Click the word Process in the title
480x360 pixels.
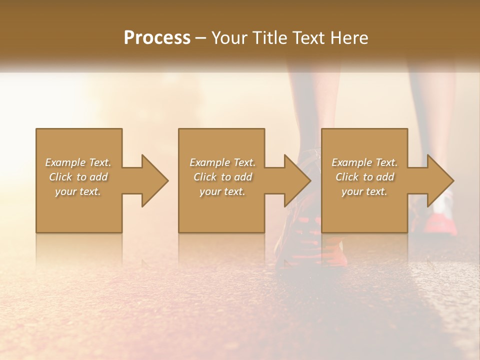pos(157,38)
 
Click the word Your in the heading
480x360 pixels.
pos(228,38)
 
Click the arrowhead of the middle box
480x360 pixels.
pos(297,180)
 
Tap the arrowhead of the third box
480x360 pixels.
pos(440,180)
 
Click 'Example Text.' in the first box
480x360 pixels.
pos(78,162)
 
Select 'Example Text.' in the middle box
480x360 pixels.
pos(222,162)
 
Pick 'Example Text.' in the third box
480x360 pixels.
pos(364,162)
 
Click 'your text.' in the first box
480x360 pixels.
pos(78,191)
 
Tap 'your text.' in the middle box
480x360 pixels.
pos(222,191)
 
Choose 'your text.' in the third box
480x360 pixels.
pos(364,191)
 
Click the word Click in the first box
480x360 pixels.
pos(60,177)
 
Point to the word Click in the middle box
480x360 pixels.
pos(205,177)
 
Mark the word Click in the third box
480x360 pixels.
pos(347,177)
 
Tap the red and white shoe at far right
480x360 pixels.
pos(442,220)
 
